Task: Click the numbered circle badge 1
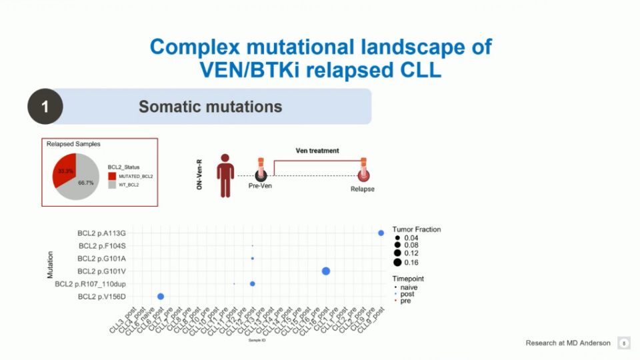pyautogui.click(x=45, y=107)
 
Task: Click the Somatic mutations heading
pyautogui.click(x=210, y=107)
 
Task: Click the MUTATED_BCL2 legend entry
pyautogui.click(x=134, y=176)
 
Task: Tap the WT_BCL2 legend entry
pyautogui.click(x=129, y=185)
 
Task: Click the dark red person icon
pyautogui.click(x=225, y=175)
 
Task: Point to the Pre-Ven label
pyautogui.click(x=260, y=186)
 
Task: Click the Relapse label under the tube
pyautogui.click(x=363, y=189)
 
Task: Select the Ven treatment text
pyautogui.click(x=317, y=151)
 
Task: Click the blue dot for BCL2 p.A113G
pyautogui.click(x=381, y=233)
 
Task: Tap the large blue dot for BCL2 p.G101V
pyautogui.click(x=326, y=271)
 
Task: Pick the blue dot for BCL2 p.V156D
pyautogui.click(x=161, y=297)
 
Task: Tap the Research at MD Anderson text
pyautogui.click(x=567, y=343)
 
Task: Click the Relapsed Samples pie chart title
pyautogui.click(x=69, y=143)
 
